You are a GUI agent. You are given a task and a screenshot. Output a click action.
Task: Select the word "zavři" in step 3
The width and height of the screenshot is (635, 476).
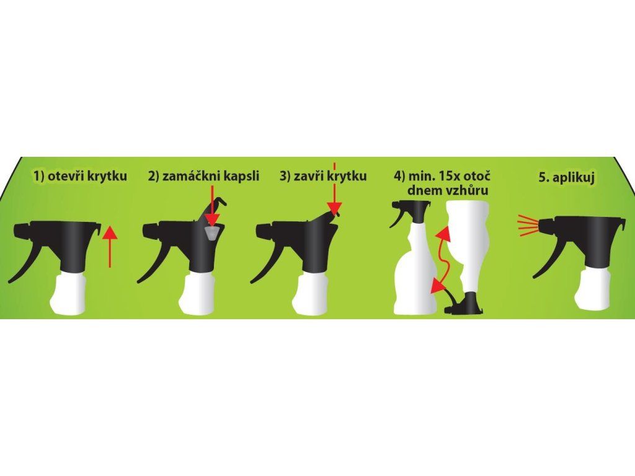308,176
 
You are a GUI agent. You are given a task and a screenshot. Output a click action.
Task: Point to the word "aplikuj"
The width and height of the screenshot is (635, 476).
572,178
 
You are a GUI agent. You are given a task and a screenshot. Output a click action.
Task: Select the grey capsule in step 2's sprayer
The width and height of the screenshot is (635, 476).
212,232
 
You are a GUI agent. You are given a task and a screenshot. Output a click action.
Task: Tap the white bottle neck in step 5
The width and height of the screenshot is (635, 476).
593,289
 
